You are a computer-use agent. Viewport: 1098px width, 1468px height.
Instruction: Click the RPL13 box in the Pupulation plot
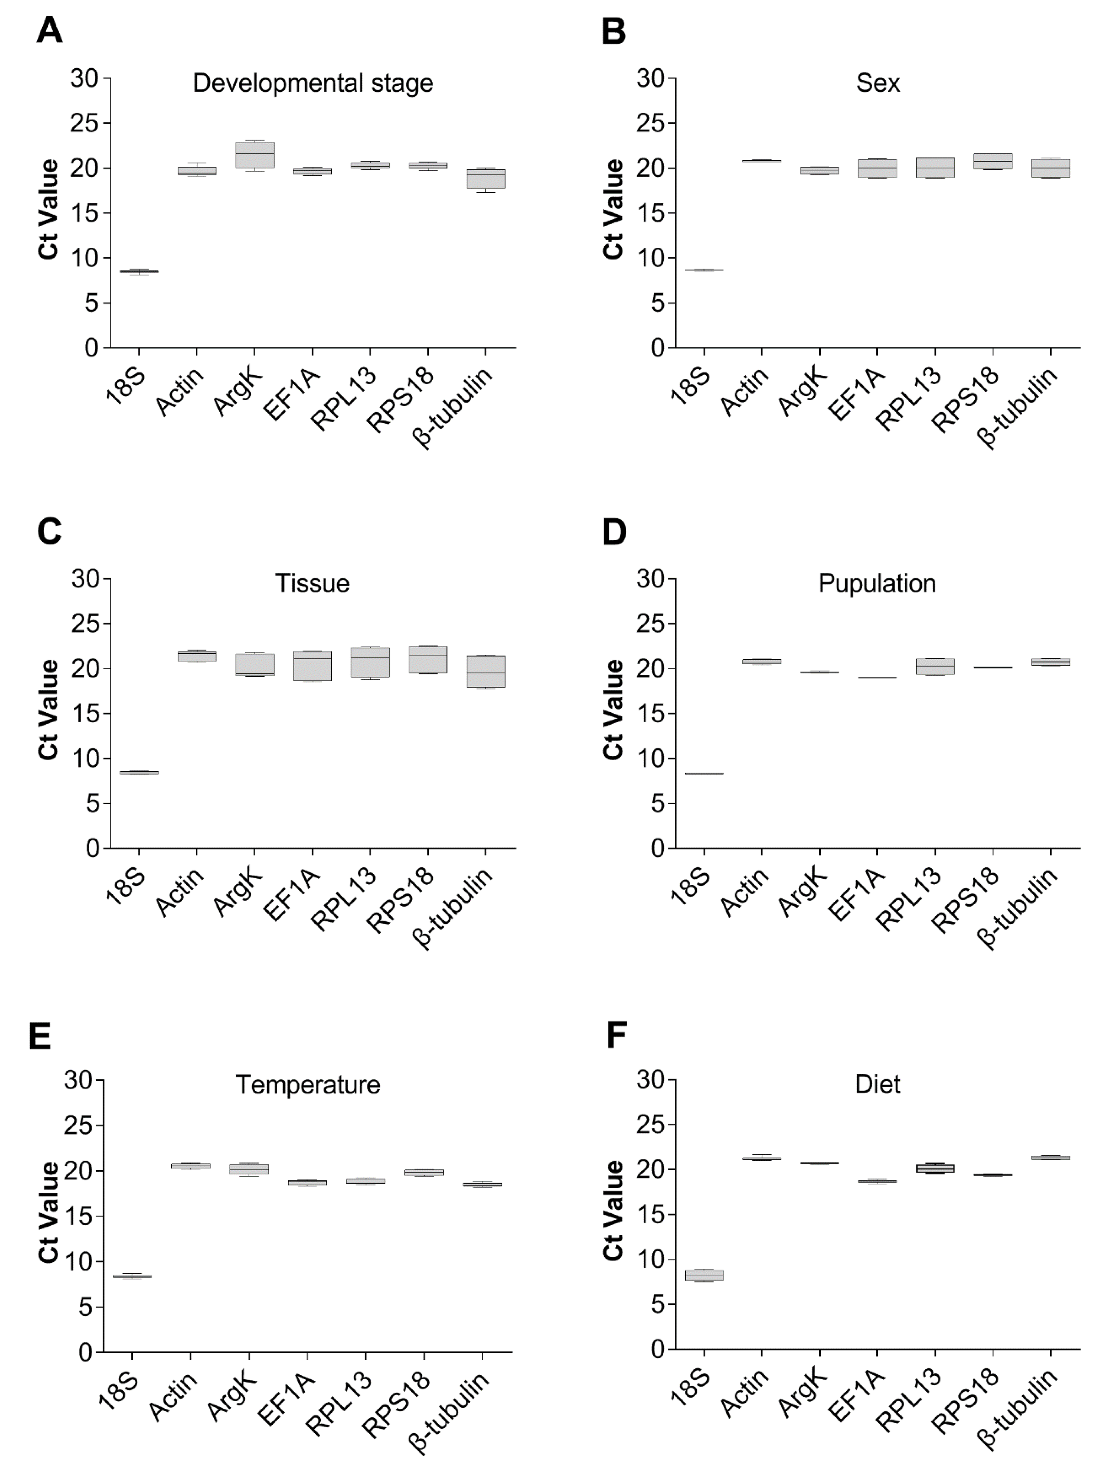935,666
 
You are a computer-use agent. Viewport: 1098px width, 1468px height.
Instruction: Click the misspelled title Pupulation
877,583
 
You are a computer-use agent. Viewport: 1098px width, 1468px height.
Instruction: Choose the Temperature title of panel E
308,1084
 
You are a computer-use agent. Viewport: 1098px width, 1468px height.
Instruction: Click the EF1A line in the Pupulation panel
877,677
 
